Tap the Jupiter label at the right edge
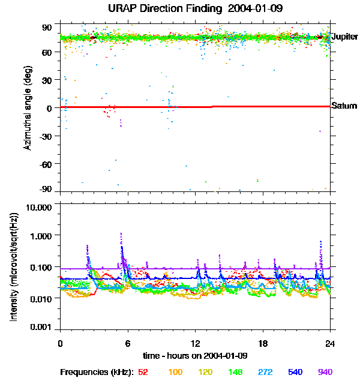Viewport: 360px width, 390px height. [x=344, y=37]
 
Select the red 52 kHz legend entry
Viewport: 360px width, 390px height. [x=143, y=372]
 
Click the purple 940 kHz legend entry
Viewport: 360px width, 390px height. [x=325, y=372]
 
